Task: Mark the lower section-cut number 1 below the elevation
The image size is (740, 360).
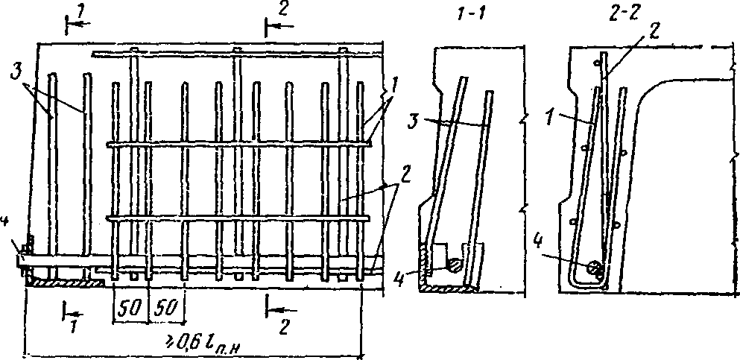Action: [x=73, y=326]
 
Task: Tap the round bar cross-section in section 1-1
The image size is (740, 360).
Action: [x=453, y=262]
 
